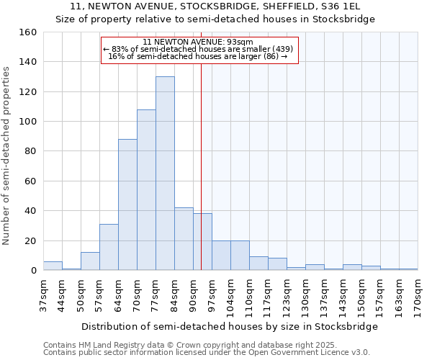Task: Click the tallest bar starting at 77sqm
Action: (165, 174)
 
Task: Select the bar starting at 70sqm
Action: (146, 190)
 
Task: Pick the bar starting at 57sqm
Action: (109, 247)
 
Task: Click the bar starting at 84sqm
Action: (184, 239)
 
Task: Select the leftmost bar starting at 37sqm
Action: (53, 266)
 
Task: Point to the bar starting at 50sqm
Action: (90, 261)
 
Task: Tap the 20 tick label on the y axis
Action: (31, 240)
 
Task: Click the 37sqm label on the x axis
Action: (43, 295)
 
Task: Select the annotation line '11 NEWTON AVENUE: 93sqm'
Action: (199, 42)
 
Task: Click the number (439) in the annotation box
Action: (281, 49)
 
